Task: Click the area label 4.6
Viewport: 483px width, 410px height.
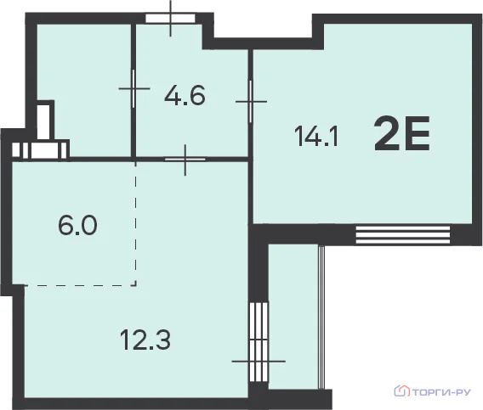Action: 185,96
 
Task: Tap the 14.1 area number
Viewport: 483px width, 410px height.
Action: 316,137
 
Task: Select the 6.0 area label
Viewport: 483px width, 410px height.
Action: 77,225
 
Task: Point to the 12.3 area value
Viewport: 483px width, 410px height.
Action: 145,340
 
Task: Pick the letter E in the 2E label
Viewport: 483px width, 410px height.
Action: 417,134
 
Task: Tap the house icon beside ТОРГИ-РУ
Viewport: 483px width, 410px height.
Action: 401,390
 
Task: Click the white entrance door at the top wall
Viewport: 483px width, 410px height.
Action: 170,18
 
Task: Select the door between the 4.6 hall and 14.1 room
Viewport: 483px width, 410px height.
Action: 251,102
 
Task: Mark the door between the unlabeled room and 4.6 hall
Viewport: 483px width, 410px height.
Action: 134,88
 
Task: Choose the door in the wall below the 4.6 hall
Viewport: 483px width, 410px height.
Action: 185,159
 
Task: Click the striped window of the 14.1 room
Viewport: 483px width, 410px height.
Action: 403,235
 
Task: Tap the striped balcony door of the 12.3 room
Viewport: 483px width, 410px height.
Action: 259,342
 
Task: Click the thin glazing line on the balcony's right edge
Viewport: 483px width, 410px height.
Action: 321,317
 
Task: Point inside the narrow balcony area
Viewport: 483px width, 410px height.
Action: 293,317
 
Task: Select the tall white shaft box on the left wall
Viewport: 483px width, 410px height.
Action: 43,123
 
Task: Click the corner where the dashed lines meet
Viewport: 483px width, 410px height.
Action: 135,285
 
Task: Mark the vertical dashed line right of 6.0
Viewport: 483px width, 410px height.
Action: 135,223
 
